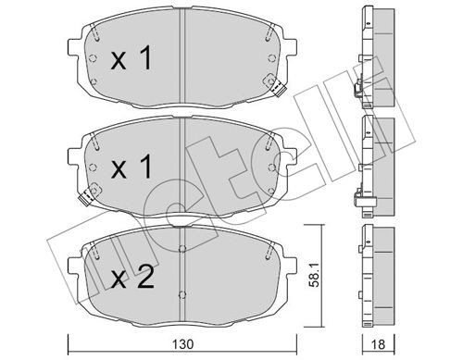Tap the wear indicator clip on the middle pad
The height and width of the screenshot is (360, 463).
click(x=90, y=196)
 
